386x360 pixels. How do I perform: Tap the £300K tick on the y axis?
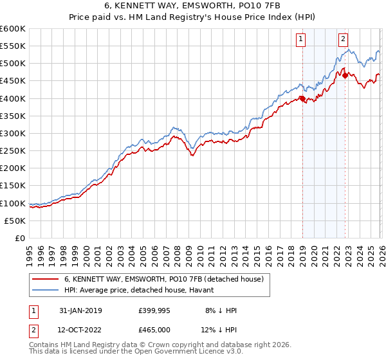point(13,133)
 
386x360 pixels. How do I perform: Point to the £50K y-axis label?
point(15,221)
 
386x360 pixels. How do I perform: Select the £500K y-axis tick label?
point(13,64)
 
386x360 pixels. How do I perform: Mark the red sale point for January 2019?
point(302,98)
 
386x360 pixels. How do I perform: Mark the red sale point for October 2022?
point(345,76)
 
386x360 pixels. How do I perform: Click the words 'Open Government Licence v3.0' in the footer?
point(192,352)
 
